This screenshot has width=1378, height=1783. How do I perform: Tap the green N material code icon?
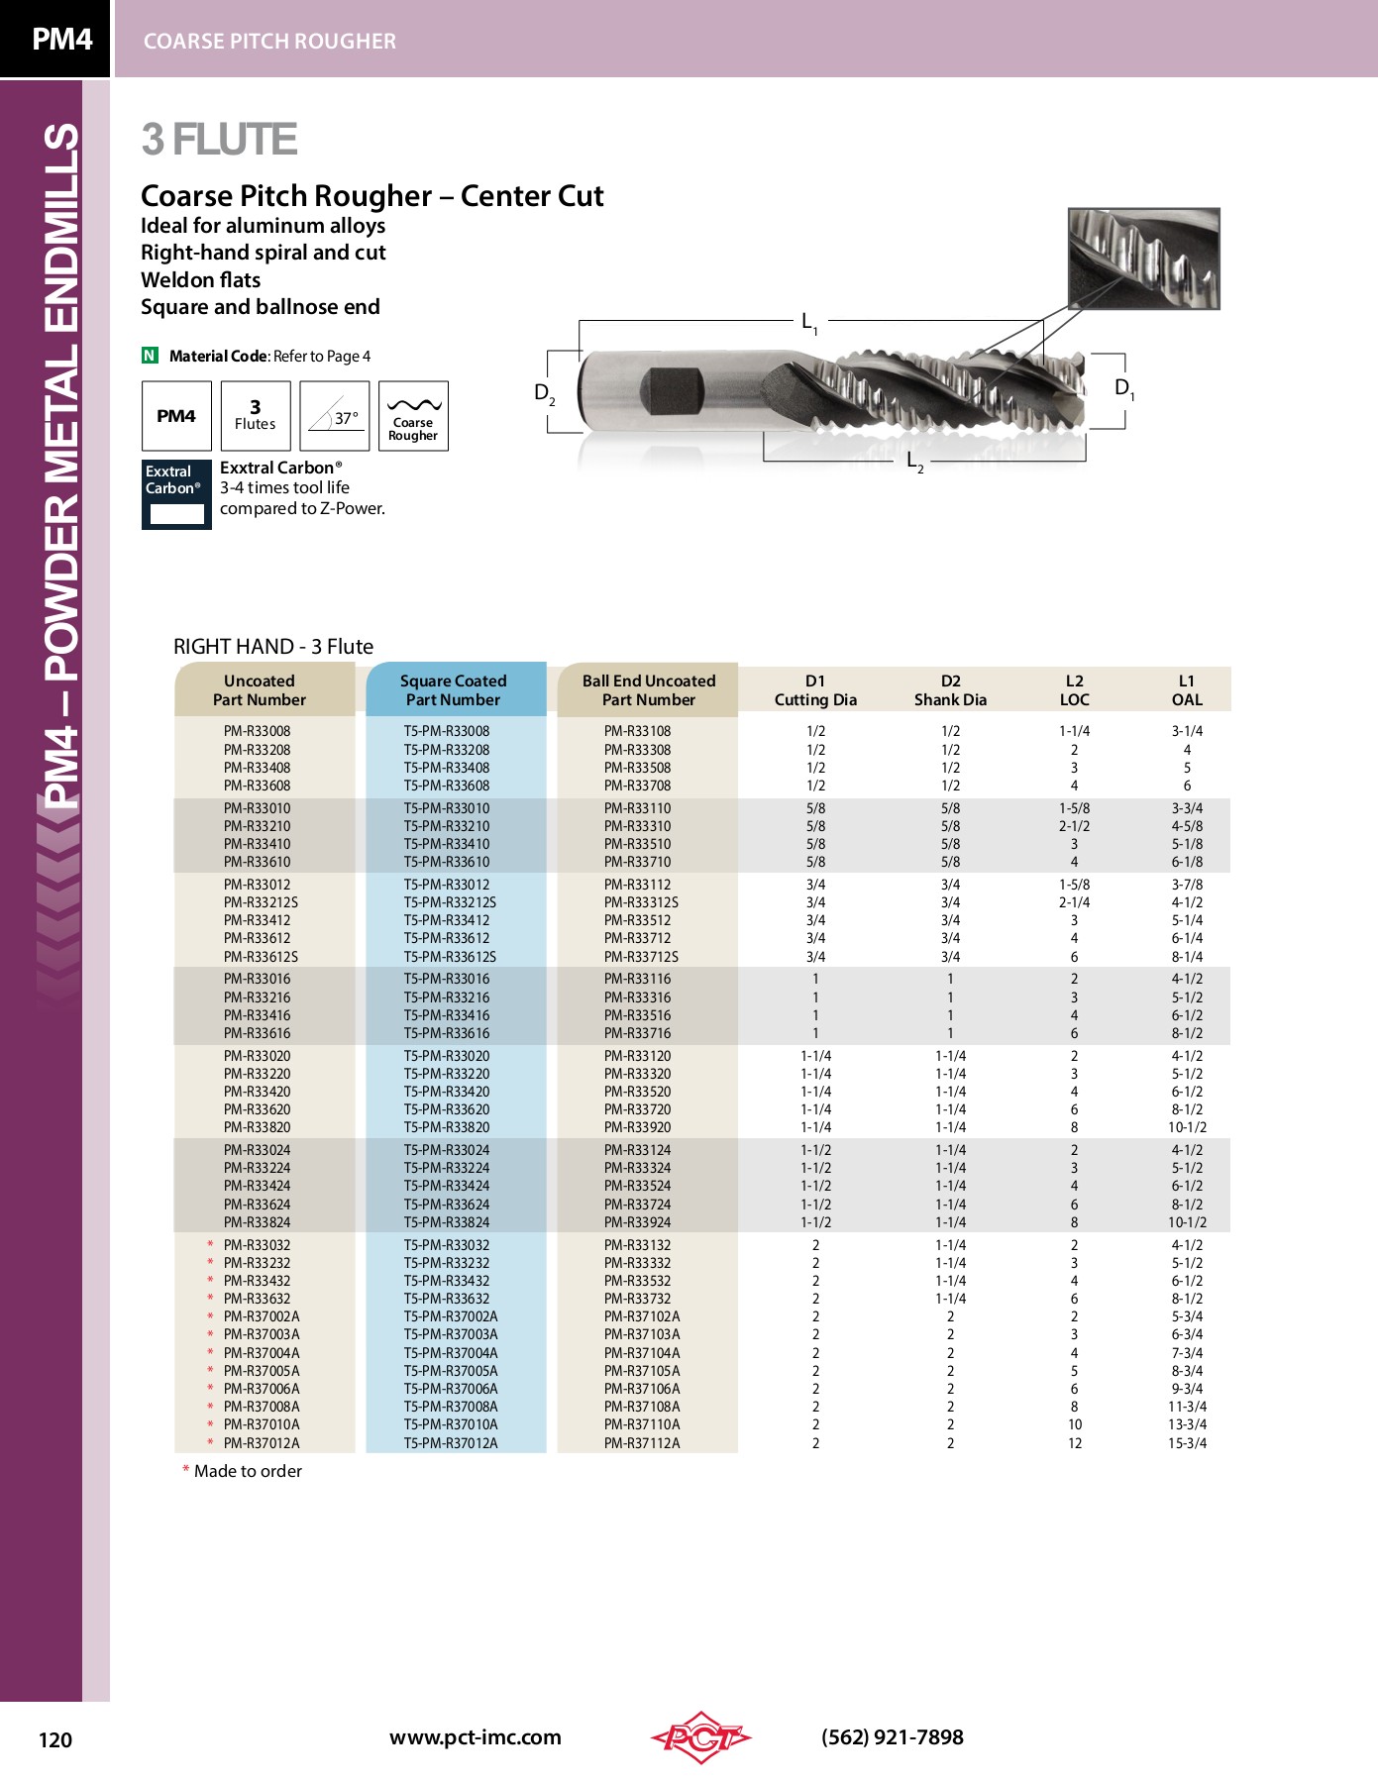(150, 356)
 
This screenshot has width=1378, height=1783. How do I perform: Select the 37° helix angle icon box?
(335, 416)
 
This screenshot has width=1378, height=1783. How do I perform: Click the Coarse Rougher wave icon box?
(413, 416)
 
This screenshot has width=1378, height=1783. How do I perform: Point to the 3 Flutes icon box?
(256, 416)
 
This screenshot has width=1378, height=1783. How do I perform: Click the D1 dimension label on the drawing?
(1123, 388)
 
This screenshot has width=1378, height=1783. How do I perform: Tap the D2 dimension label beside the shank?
(544, 392)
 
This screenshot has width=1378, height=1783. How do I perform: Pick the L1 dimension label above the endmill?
(808, 322)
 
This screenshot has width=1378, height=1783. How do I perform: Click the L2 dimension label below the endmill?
(914, 461)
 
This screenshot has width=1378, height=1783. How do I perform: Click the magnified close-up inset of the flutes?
(1143, 259)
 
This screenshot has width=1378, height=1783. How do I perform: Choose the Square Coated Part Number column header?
(454, 690)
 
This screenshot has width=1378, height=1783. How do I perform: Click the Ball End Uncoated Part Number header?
(649, 690)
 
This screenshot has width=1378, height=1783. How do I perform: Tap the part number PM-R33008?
(258, 731)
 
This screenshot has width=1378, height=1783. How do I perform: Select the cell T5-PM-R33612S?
(450, 957)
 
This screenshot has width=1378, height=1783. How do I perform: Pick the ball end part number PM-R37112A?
(642, 1443)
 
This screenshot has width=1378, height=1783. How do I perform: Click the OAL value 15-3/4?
(1187, 1443)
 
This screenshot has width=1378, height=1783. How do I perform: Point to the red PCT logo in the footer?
(700, 1736)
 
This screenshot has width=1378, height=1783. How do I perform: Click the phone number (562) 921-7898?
(892, 1736)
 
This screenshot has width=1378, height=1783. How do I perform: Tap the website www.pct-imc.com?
(475, 1736)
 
